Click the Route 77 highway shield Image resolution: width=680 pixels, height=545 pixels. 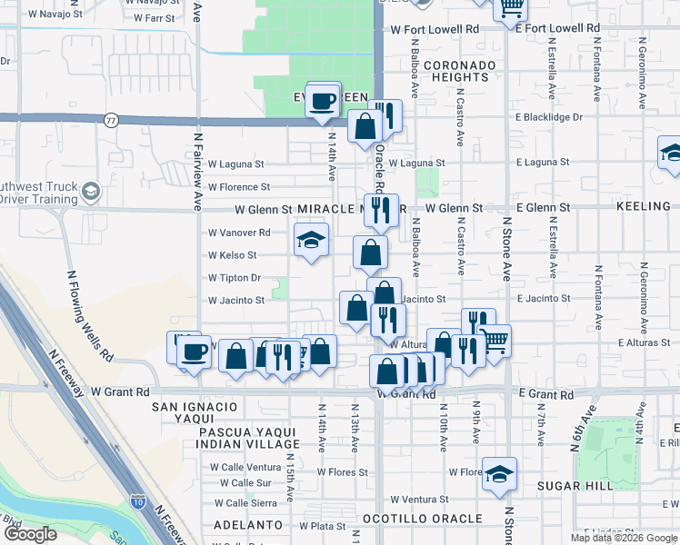point(111,119)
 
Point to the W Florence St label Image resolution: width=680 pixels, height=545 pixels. point(239,187)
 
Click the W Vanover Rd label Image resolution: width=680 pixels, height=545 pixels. point(239,233)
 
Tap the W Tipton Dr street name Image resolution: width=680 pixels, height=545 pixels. point(235,278)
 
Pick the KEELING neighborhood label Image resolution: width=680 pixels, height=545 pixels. point(643,207)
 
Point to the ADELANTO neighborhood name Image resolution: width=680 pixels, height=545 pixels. point(249,525)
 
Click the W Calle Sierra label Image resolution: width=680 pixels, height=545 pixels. point(246,502)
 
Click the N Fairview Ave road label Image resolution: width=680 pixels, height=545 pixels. point(197,172)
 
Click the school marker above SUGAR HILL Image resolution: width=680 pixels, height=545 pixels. point(498,473)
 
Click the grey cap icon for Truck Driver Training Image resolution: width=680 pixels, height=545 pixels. point(90,191)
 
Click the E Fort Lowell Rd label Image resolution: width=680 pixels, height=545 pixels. point(556,29)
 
